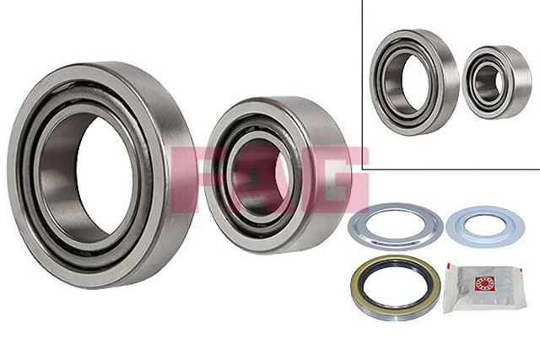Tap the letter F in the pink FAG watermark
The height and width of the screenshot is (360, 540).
click(x=190, y=178)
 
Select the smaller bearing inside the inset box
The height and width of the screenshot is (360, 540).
click(x=497, y=82)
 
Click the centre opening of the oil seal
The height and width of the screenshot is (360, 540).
click(x=394, y=287)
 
